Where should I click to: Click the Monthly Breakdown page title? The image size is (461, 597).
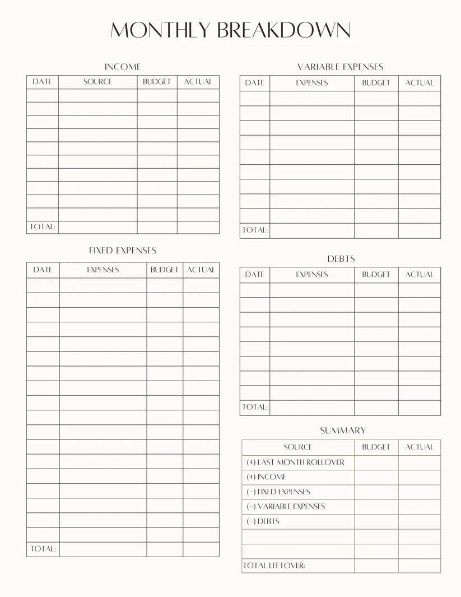(x=230, y=30)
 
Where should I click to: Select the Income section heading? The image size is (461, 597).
(x=123, y=67)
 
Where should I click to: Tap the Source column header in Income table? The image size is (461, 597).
(x=97, y=82)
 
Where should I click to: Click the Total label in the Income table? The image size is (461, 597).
(x=42, y=227)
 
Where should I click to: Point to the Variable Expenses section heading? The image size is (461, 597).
(x=340, y=67)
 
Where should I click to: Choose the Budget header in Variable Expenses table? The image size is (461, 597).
(x=376, y=83)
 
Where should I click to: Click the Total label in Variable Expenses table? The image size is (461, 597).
(x=255, y=230)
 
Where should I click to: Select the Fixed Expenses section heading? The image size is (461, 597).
(x=123, y=251)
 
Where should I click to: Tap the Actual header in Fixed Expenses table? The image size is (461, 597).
(x=201, y=270)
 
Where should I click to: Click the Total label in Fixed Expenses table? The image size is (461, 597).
(x=43, y=549)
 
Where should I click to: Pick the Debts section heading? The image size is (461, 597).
(x=341, y=259)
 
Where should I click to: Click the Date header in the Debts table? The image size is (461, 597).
(x=254, y=275)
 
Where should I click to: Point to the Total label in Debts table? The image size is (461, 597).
(x=255, y=407)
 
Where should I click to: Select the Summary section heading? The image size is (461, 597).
(x=342, y=431)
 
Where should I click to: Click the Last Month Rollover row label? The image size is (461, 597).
(x=295, y=462)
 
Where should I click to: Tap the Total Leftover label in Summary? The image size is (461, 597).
(x=274, y=566)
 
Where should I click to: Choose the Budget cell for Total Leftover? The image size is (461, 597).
(x=376, y=566)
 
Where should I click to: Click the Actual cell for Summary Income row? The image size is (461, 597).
(x=419, y=477)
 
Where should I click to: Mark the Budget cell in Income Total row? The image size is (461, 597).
(x=157, y=227)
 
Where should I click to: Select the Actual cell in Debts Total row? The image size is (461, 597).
(x=419, y=408)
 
